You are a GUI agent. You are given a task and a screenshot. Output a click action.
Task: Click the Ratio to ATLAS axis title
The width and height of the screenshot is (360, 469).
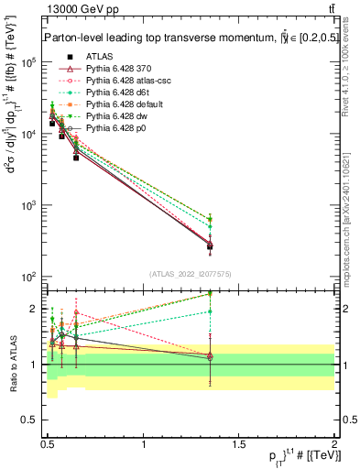(x=12, y=363)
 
